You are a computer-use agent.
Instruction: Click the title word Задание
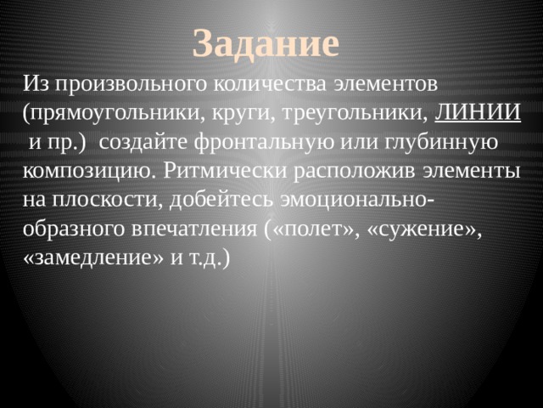click(x=266, y=42)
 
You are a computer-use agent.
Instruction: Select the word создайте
click(x=152, y=142)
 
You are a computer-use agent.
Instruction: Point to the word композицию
click(x=86, y=171)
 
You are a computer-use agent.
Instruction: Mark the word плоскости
click(x=104, y=200)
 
